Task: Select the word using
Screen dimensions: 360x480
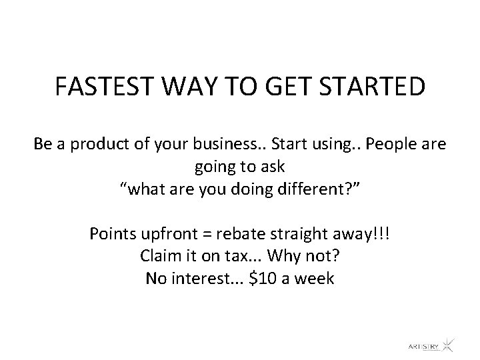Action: (x=315, y=145)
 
